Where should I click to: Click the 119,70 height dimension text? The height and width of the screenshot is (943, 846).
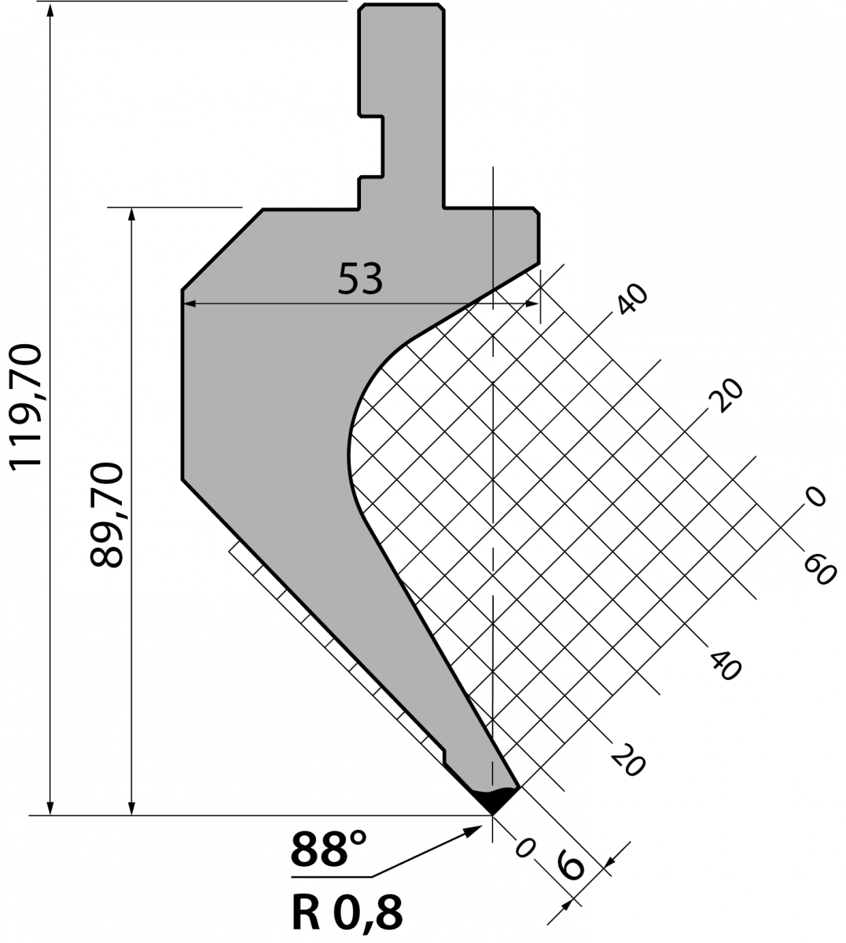click(x=26, y=408)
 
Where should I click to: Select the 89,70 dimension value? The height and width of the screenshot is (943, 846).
click(x=107, y=515)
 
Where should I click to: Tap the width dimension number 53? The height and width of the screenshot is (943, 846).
click(x=360, y=279)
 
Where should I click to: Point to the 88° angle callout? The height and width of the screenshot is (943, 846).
click(x=329, y=848)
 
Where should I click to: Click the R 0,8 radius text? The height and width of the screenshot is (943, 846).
click(x=347, y=914)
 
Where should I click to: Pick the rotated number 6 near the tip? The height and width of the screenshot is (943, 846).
click(x=571, y=864)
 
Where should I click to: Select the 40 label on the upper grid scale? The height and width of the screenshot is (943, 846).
click(x=632, y=299)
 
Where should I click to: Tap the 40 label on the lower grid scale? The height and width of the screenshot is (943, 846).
click(x=725, y=666)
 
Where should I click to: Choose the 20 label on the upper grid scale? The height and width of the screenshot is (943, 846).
click(x=726, y=395)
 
